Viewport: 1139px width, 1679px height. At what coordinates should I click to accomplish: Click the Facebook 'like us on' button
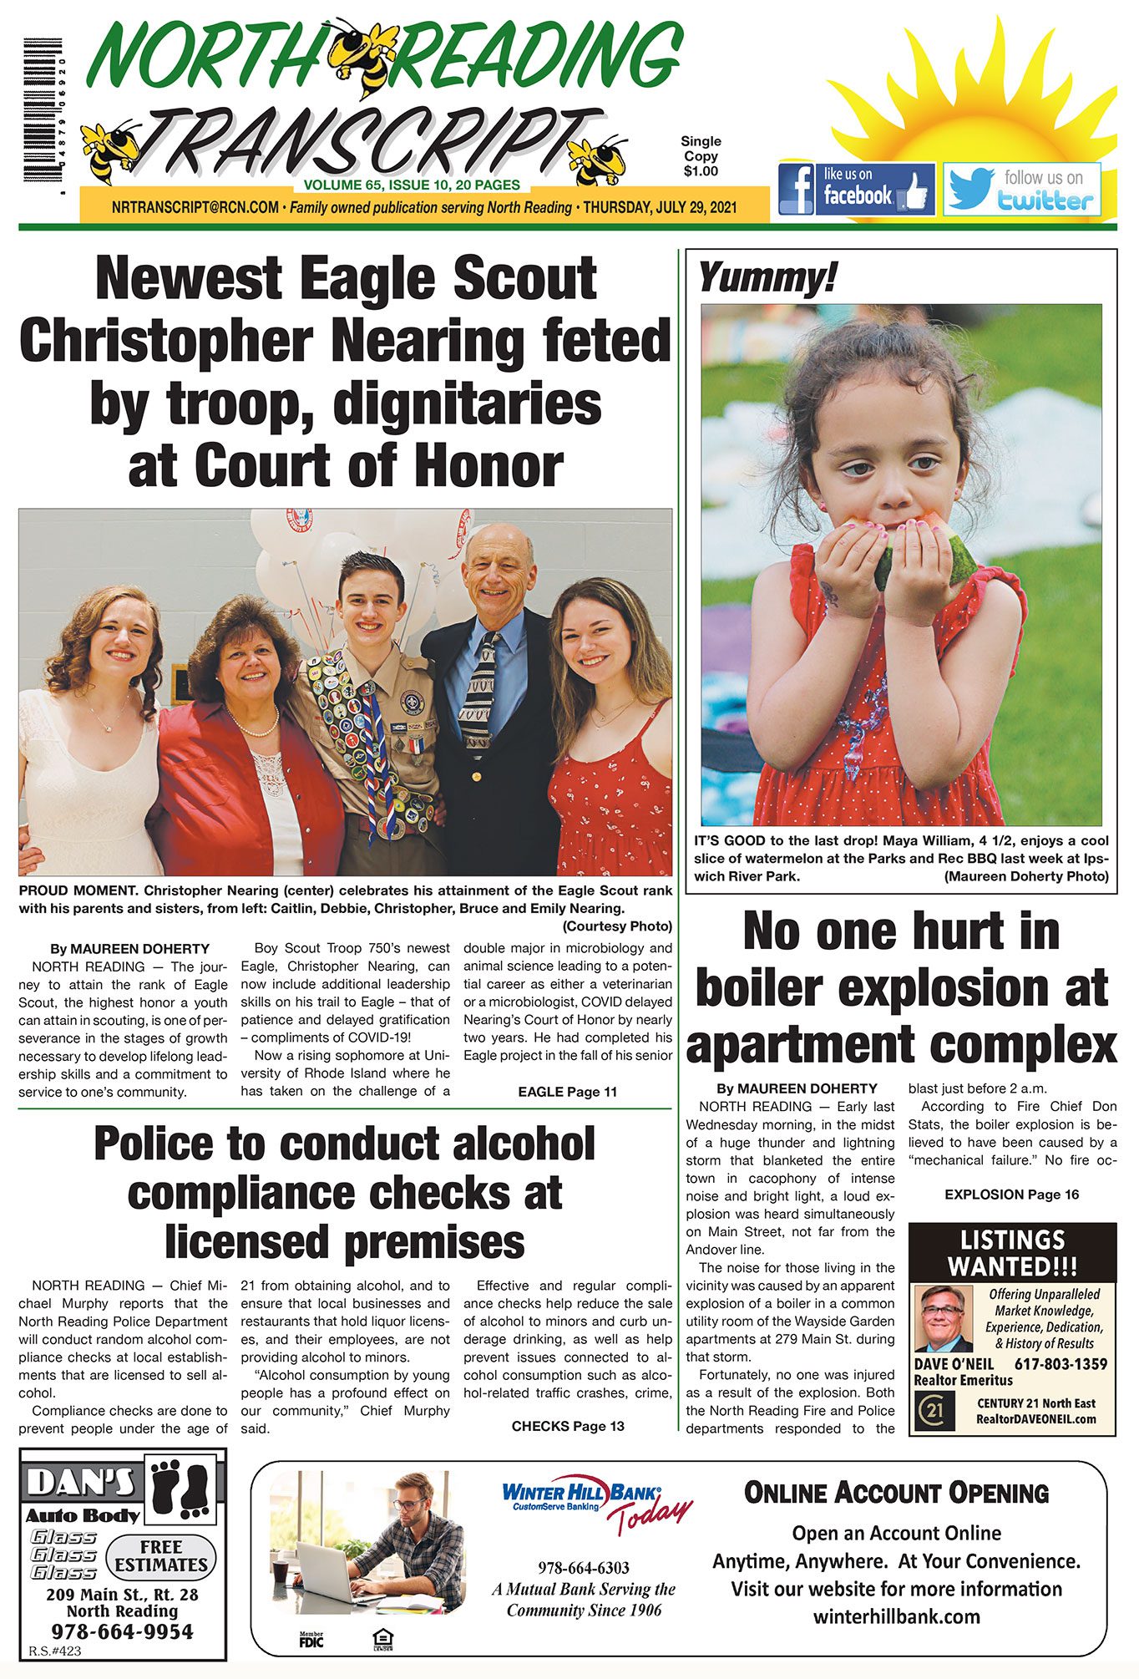pos(856,190)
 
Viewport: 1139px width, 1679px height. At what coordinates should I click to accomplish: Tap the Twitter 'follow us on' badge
pos(1021,190)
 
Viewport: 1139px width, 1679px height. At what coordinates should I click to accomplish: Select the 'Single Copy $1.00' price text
pos(701,156)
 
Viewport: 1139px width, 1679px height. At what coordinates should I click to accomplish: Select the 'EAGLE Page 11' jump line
pos(567,1092)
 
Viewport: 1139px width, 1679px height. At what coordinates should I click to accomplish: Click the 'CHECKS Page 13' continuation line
pos(568,1426)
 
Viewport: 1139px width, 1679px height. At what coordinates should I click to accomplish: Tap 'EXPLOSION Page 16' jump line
pos(1011,1195)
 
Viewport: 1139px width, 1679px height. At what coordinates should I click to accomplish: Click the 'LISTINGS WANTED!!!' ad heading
pos(1011,1253)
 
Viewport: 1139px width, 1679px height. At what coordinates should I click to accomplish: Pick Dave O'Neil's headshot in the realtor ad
pos(943,1318)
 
